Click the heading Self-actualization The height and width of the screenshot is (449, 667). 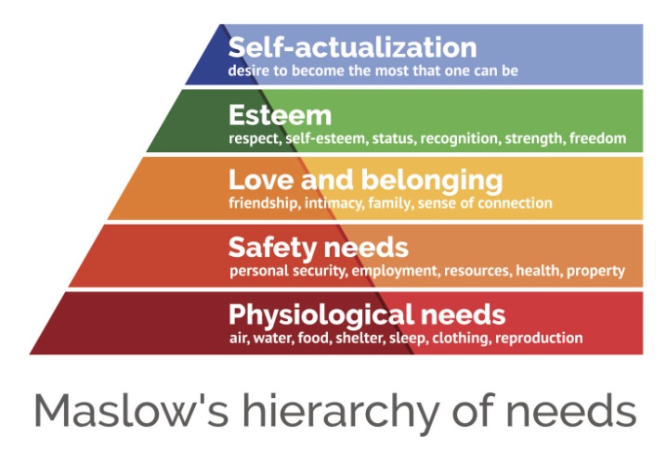352,46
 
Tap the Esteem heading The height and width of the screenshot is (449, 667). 280,115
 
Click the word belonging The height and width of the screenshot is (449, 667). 432,182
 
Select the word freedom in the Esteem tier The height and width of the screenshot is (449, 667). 597,138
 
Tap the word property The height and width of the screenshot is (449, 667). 596,272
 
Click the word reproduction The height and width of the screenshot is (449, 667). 539,339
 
